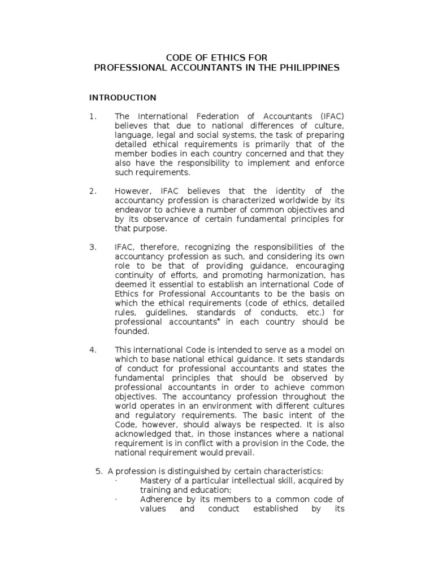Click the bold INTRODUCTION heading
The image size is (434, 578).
[123, 98]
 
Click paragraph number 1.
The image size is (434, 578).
[93, 117]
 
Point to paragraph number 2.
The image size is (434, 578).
[93, 191]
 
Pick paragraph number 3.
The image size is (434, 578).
[93, 247]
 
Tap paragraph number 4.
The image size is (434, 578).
[93, 349]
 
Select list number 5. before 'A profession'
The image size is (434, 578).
[102, 471]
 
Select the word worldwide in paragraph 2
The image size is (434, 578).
[302, 201]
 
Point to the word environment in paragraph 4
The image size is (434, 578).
[211, 406]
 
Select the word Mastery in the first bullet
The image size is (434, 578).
[156, 480]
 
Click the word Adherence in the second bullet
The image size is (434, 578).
[161, 500]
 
